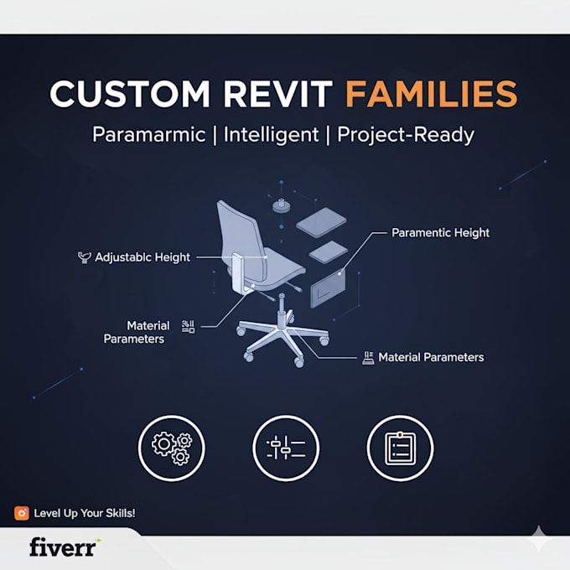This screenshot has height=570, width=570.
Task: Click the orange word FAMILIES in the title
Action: [431, 94]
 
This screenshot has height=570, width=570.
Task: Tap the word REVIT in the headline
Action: [278, 94]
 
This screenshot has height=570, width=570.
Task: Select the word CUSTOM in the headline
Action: [130, 94]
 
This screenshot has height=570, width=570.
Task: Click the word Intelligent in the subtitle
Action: [271, 135]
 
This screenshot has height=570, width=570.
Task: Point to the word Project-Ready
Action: [406, 135]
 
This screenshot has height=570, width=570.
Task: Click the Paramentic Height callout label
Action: [440, 233]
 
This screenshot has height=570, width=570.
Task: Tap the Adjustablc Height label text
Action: [142, 257]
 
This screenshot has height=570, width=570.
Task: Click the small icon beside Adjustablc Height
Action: [85, 257]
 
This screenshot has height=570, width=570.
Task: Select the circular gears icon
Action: [172, 448]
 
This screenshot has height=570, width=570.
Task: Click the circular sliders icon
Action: [286, 448]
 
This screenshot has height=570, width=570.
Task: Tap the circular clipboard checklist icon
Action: [400, 448]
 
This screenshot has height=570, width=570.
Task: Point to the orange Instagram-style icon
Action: [22, 513]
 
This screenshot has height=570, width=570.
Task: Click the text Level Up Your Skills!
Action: [85, 513]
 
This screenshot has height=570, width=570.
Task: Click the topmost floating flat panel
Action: [321, 222]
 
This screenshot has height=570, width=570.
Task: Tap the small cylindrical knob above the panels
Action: [282, 205]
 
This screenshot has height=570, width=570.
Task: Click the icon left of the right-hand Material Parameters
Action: [368, 358]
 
